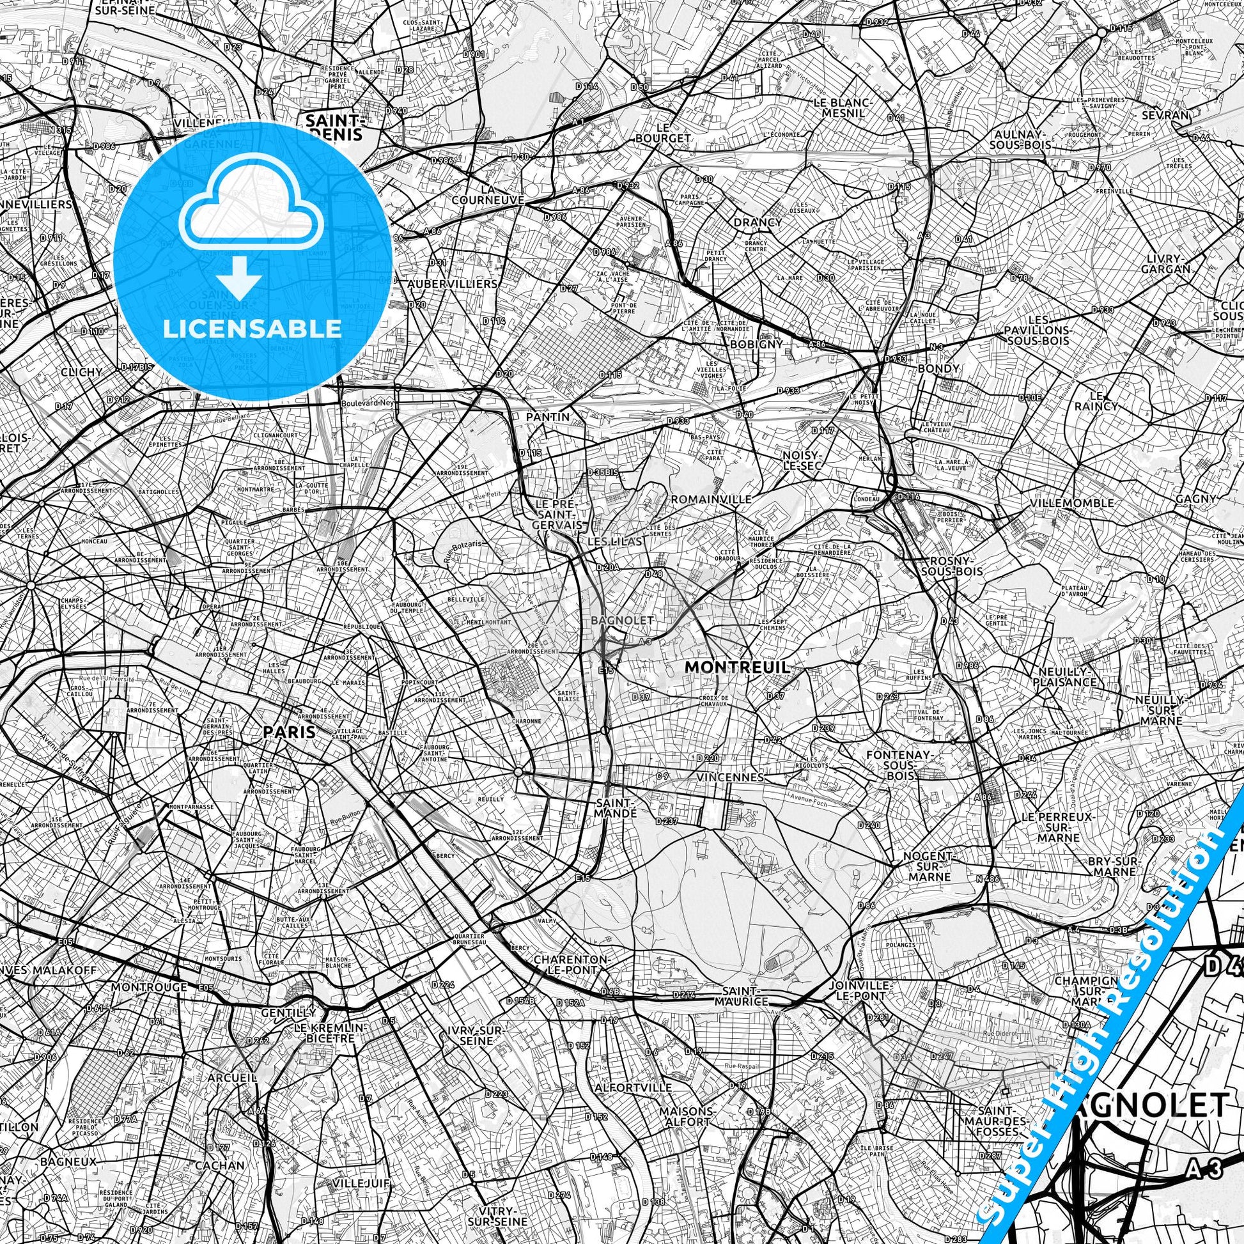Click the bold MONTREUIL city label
736,668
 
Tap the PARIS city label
289,732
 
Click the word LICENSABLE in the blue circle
253,329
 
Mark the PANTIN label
547,417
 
